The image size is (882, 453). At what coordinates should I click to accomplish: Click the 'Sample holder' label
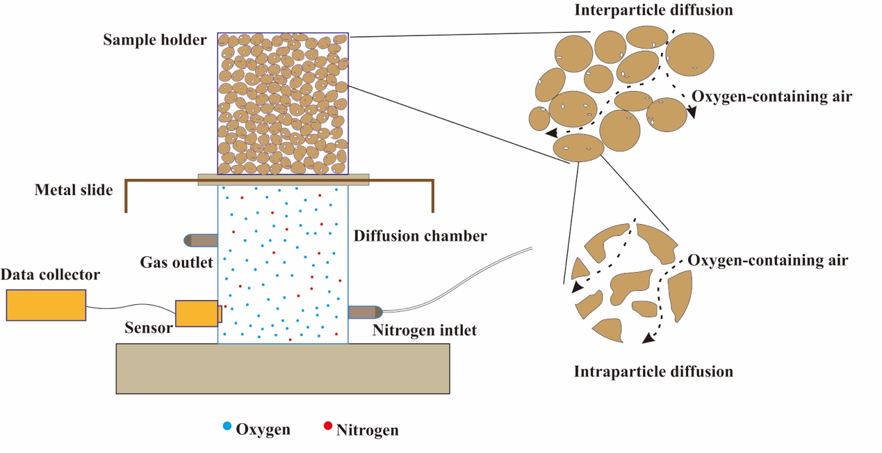(154, 40)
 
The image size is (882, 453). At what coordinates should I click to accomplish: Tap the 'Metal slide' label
(74, 190)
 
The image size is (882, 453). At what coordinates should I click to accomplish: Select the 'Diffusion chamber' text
(420, 237)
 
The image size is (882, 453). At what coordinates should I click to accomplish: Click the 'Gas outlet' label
(176, 262)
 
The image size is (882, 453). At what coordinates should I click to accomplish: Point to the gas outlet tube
(201, 241)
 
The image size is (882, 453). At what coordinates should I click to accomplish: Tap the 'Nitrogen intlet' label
(424, 330)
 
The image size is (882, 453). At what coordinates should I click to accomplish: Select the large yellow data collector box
(46, 305)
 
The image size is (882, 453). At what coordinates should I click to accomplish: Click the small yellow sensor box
(198, 313)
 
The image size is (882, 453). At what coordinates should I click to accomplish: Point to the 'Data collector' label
(50, 275)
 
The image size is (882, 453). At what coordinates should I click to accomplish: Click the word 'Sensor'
(148, 327)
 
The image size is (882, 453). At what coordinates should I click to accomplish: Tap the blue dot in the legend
(227, 425)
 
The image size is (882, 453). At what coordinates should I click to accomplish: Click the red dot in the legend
(327, 426)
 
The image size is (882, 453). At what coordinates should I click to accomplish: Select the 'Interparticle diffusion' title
(653, 10)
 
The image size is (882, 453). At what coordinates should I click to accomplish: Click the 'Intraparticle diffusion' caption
(653, 372)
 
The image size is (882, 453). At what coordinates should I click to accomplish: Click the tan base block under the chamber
(282, 368)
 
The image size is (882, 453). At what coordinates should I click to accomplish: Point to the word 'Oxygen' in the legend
(263, 429)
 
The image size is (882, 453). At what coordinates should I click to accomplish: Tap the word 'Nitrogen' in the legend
(367, 430)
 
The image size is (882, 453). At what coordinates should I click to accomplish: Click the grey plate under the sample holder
(283, 180)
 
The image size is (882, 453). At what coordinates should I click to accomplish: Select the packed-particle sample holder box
(282, 103)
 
